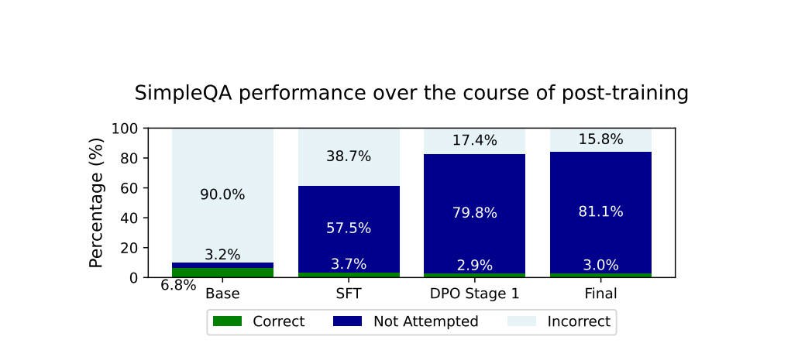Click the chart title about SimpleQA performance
tap(411, 94)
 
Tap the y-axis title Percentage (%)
tap(96, 203)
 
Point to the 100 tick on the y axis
tap(126, 129)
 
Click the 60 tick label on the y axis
tap(130, 188)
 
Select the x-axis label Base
tap(222, 294)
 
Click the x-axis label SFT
tap(349, 294)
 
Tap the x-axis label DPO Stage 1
tap(474, 294)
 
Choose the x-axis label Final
tap(600, 294)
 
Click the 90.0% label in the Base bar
tap(222, 195)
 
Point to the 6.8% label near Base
tap(178, 286)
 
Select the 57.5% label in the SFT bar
tap(349, 228)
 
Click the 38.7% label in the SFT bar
tap(349, 156)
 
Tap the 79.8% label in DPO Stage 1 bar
tap(474, 213)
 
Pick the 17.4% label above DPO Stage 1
tap(474, 141)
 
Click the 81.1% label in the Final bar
tap(600, 211)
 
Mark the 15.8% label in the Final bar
tap(600, 140)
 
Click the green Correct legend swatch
tap(227, 321)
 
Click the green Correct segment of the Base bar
tap(222, 272)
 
